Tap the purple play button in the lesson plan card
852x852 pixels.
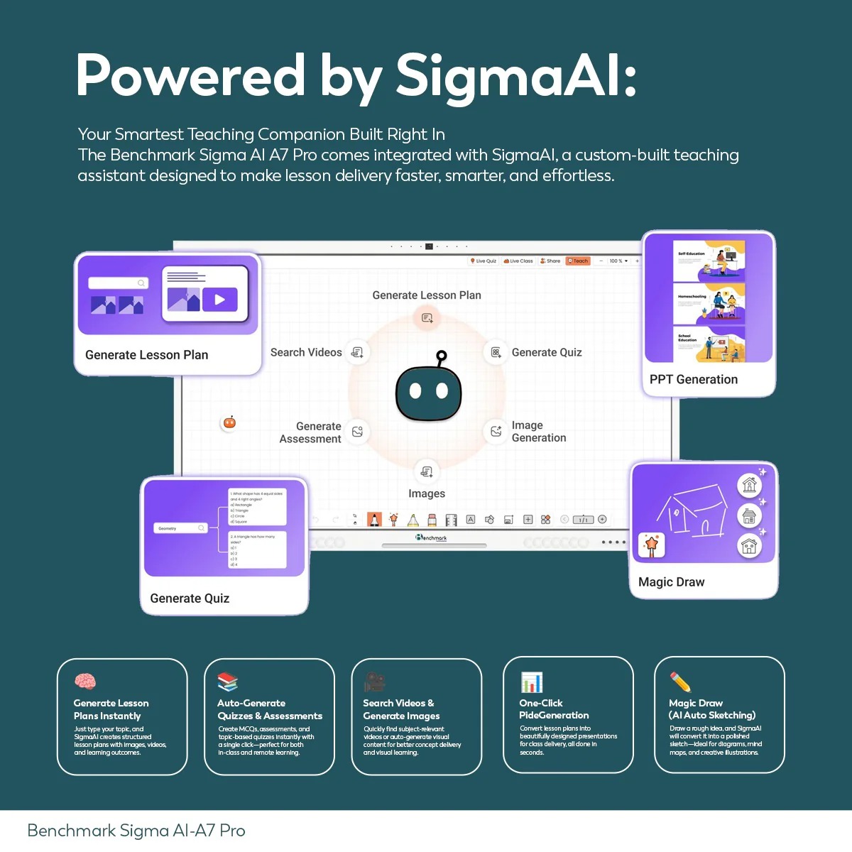(219, 300)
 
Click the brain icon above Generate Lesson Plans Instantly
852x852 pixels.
(85, 682)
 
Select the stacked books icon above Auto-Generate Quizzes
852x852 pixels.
(227, 682)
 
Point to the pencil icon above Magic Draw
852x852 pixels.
(680, 682)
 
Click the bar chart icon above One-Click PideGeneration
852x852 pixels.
(532, 682)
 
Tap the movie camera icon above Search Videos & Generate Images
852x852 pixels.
(374, 682)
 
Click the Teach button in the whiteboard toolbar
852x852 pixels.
(578, 261)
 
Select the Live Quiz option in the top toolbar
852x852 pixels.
(483, 261)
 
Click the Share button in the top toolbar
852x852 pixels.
(550, 261)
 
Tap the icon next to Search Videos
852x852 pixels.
(357, 352)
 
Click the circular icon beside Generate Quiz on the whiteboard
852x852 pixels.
(496, 352)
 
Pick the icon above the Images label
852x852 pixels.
(427, 471)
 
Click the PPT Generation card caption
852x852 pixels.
(694, 379)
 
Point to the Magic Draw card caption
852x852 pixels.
(672, 582)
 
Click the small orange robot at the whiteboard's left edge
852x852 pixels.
(229, 422)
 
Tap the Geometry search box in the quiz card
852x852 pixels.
(180, 528)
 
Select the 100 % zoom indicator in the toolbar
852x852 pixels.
(616, 261)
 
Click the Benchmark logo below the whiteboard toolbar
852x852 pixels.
(432, 537)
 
